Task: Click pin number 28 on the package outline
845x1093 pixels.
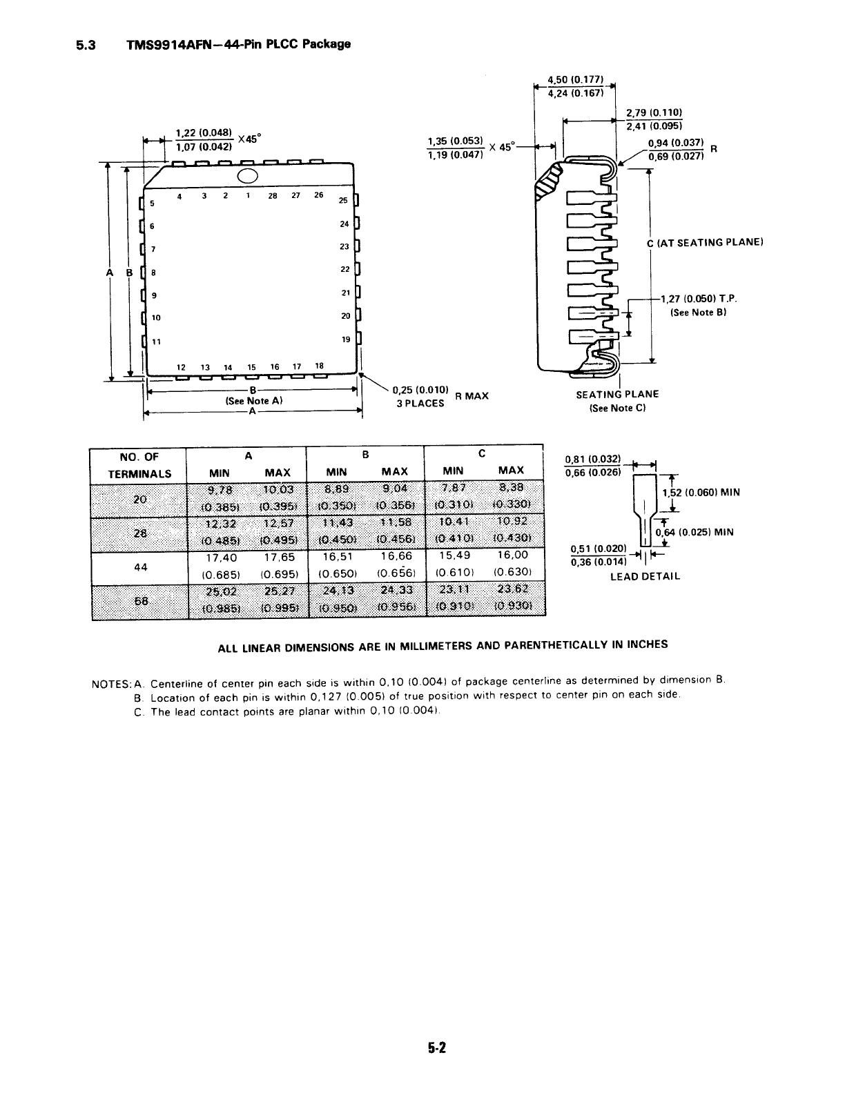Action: [273, 195]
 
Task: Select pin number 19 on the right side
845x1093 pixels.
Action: [346, 339]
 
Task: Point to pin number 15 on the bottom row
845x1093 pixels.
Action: [251, 367]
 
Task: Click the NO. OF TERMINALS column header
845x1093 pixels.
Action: [139, 465]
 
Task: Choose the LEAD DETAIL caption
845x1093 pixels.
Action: [645, 576]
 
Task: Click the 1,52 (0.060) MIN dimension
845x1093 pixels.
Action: [701, 493]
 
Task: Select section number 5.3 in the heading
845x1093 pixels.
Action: [88, 45]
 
